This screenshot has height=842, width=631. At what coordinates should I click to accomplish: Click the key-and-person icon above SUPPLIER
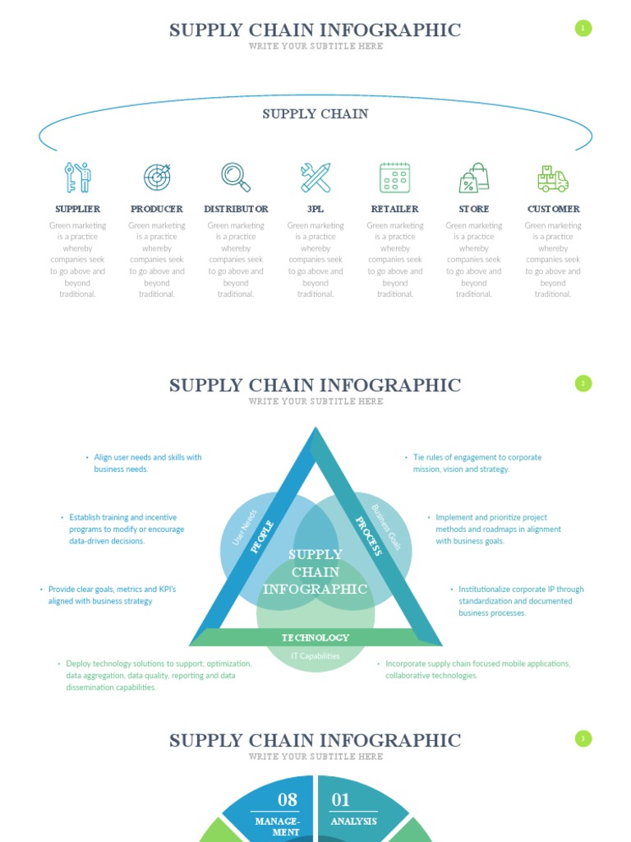[x=78, y=177]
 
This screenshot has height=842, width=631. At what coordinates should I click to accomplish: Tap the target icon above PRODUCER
[x=157, y=177]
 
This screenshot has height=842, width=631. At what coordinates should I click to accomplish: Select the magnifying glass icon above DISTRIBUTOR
[x=236, y=177]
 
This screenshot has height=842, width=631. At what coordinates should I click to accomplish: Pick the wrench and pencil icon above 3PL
[x=315, y=177]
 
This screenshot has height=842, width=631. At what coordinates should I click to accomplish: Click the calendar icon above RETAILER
[x=394, y=177]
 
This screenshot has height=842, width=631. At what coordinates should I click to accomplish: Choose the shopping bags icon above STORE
[x=474, y=177]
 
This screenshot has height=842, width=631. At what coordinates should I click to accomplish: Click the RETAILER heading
[x=394, y=209]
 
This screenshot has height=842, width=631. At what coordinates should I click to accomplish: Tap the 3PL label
[x=315, y=209]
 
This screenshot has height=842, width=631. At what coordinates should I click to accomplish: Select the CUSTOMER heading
[x=553, y=209]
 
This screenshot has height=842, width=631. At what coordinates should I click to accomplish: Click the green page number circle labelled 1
[x=583, y=29]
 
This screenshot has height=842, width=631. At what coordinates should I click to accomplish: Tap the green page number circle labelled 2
[x=583, y=383]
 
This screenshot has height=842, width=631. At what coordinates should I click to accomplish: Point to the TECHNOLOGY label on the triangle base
[x=315, y=637]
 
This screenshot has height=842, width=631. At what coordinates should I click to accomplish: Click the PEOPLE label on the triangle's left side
[x=262, y=537]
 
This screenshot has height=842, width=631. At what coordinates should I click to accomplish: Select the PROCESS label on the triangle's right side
[x=368, y=536]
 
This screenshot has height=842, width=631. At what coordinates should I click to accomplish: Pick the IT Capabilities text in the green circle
[x=315, y=656]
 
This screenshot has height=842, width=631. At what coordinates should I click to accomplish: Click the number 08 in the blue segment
[x=288, y=799]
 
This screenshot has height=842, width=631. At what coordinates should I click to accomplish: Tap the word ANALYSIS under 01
[x=353, y=821]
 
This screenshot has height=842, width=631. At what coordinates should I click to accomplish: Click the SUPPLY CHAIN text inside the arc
[x=315, y=113]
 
